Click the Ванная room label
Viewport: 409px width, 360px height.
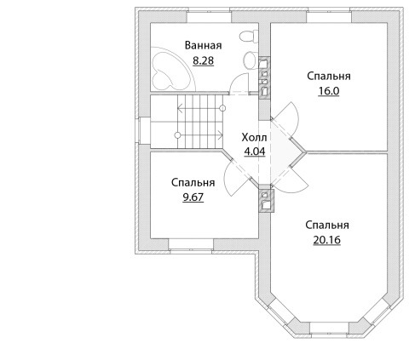tap(203, 45)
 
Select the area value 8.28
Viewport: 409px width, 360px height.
tap(203, 60)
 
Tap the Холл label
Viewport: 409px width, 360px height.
tap(254, 138)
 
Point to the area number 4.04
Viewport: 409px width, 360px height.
tap(255, 151)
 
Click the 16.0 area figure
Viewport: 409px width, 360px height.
tap(329, 91)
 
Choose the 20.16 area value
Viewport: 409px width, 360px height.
tap(327, 240)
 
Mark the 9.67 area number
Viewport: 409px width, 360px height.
tap(193, 197)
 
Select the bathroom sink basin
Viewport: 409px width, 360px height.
tap(251, 60)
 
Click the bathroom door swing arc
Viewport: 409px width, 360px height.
tap(239, 83)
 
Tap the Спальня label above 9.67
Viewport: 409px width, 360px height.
tap(193, 183)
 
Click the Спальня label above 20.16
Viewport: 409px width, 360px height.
tap(327, 226)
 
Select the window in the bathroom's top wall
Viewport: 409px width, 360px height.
tap(210, 16)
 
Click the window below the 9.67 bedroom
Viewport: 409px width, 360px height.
tap(191, 245)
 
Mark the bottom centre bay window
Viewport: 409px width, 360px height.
tap(329, 329)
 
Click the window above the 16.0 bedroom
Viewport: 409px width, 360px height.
tap(329, 16)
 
